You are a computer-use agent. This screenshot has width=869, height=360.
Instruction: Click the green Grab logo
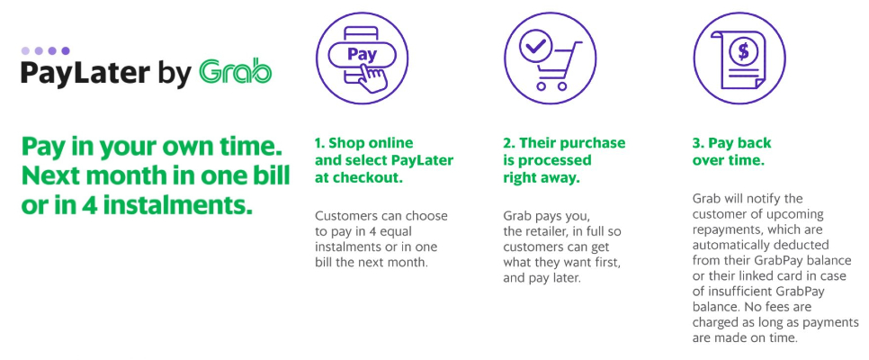point(235,73)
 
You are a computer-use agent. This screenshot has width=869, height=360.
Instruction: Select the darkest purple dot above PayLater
point(66,51)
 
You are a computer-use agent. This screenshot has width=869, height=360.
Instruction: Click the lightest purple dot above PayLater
point(25,51)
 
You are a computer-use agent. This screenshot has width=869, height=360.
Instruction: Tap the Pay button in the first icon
point(362,54)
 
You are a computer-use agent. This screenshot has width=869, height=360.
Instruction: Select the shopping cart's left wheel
point(542,85)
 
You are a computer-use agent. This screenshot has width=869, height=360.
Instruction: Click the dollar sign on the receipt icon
point(743,51)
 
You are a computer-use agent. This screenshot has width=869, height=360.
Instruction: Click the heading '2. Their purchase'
point(564,143)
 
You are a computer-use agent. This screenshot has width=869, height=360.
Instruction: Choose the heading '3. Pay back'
point(731,143)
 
